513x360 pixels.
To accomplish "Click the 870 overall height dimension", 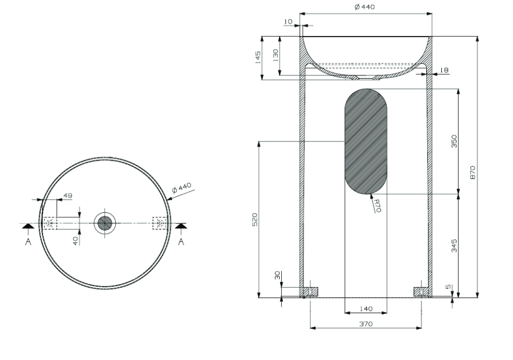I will coord(473,172).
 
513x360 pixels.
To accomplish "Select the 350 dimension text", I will coord(454,141).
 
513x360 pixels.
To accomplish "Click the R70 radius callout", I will coord(377,205).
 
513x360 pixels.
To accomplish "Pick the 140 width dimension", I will coord(365,309).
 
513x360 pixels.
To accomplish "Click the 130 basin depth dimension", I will coord(275,55).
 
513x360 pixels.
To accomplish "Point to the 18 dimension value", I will coord(443,70).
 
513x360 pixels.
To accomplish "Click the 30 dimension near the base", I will coord(278,276).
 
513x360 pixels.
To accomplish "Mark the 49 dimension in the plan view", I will coord(67,195).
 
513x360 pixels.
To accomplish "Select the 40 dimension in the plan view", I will coord(76,240).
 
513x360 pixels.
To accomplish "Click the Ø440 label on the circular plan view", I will coord(182,188).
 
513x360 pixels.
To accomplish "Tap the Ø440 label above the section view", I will coord(365,7).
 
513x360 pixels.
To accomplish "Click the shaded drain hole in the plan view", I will coord(104,222).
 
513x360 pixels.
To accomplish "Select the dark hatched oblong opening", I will coord(365,141).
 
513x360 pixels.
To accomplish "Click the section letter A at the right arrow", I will coord(181,242).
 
